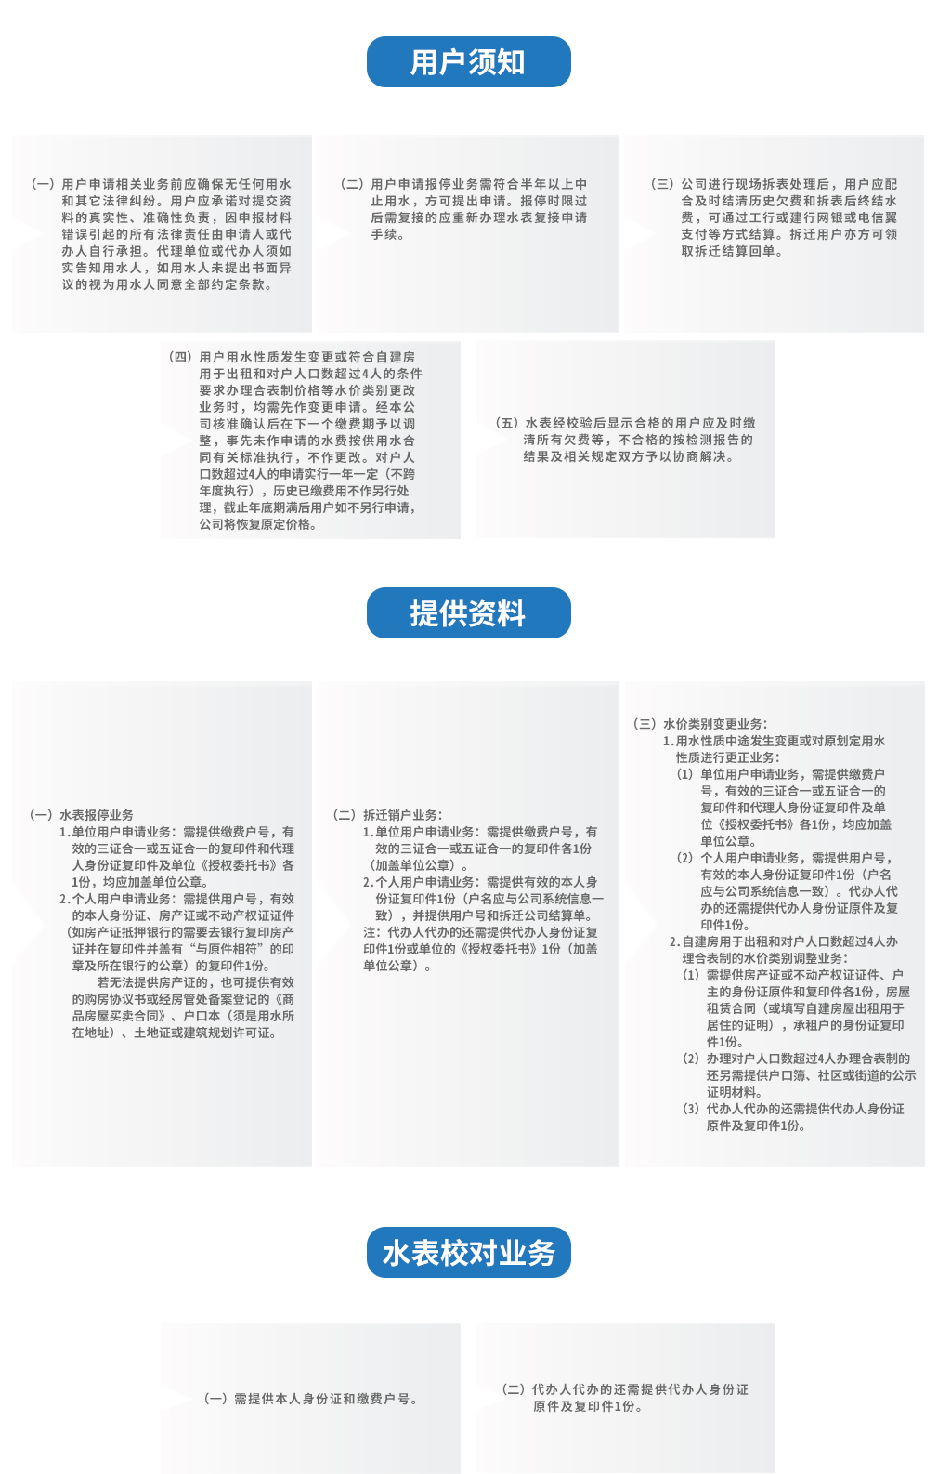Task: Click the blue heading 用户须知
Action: click(468, 62)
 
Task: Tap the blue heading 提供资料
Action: click(468, 613)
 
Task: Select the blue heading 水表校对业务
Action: click(468, 1253)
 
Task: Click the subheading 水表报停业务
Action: click(97, 815)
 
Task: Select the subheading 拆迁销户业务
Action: click(402, 815)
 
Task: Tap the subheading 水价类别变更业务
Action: click(715, 724)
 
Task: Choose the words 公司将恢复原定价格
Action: click(256, 524)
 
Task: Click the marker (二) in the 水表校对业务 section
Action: click(514, 1389)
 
